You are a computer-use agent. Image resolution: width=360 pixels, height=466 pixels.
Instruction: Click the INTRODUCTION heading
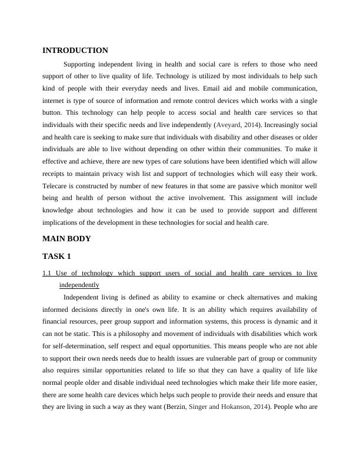[x=75, y=51]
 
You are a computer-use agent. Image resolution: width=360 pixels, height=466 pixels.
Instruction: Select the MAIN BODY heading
[x=66, y=239]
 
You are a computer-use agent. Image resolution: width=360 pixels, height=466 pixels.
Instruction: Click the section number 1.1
[x=48, y=274]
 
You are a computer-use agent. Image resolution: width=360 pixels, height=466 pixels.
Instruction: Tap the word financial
[x=58, y=321]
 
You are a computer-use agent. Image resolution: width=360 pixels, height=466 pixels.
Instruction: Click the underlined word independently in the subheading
[x=79, y=285]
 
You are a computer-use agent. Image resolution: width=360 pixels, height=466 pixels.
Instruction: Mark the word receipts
[x=55, y=174]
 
